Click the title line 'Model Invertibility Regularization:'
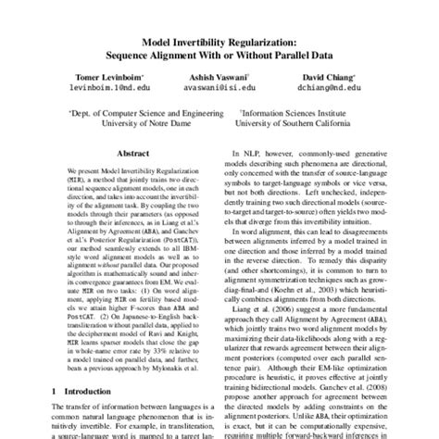coord(219,42)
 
